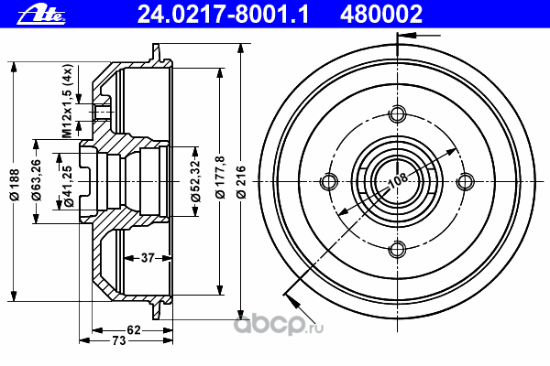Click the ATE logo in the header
[x=41, y=15]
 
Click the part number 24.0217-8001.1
[x=223, y=15]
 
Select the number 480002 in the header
[x=381, y=15]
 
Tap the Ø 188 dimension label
[x=15, y=185]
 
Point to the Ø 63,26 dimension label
[x=36, y=179]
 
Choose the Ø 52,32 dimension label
[x=195, y=181]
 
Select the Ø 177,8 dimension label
[x=220, y=178]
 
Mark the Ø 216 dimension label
[x=241, y=182]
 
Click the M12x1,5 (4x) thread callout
[x=67, y=101]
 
